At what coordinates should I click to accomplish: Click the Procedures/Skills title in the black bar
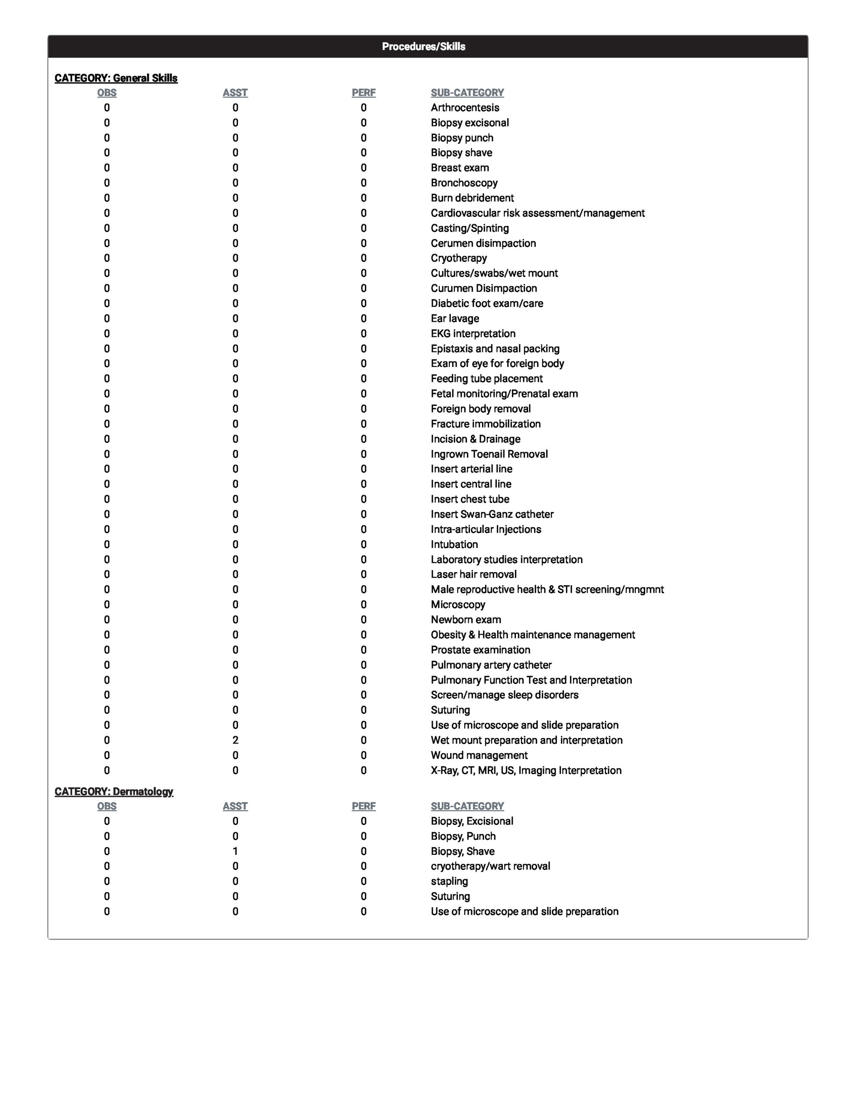tap(423, 47)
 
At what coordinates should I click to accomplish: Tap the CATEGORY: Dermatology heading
tap(114, 792)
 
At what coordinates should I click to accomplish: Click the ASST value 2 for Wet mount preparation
tap(235, 740)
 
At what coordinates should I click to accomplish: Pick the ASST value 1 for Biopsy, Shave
tap(235, 851)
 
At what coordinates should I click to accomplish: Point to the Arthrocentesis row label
tap(465, 107)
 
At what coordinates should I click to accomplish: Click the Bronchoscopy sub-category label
tap(464, 183)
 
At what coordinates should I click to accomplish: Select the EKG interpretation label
tap(473, 333)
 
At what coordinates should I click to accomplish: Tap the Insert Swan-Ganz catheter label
tap(492, 514)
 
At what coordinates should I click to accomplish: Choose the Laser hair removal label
tap(473, 574)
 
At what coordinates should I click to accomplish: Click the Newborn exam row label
tap(466, 619)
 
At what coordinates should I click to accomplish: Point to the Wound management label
tap(479, 755)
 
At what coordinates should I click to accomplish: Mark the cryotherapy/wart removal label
tap(490, 866)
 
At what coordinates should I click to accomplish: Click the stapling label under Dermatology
tap(449, 881)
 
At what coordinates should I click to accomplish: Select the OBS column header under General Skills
tap(106, 93)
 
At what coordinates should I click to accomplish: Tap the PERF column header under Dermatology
tap(364, 806)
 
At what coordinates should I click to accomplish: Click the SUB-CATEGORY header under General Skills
tap(467, 93)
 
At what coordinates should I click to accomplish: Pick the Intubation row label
tap(454, 544)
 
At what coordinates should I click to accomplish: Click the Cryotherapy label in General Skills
tap(459, 258)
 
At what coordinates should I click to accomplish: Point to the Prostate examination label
tap(480, 650)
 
